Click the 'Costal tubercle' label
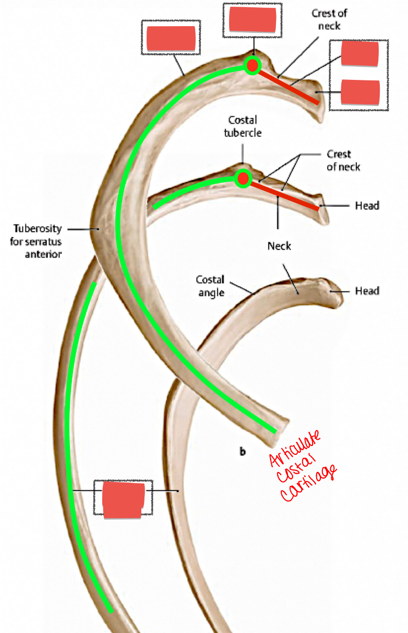[243, 126]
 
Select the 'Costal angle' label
[211, 286]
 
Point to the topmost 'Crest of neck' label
[329, 19]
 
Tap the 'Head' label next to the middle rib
[367, 206]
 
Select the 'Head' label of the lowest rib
[367, 290]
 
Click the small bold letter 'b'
[243, 451]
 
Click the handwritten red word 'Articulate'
[295, 447]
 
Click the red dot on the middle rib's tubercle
[243, 179]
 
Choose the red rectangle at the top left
[171, 39]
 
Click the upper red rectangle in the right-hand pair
[360, 54]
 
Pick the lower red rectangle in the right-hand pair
[360, 92]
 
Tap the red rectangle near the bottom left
[123, 500]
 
